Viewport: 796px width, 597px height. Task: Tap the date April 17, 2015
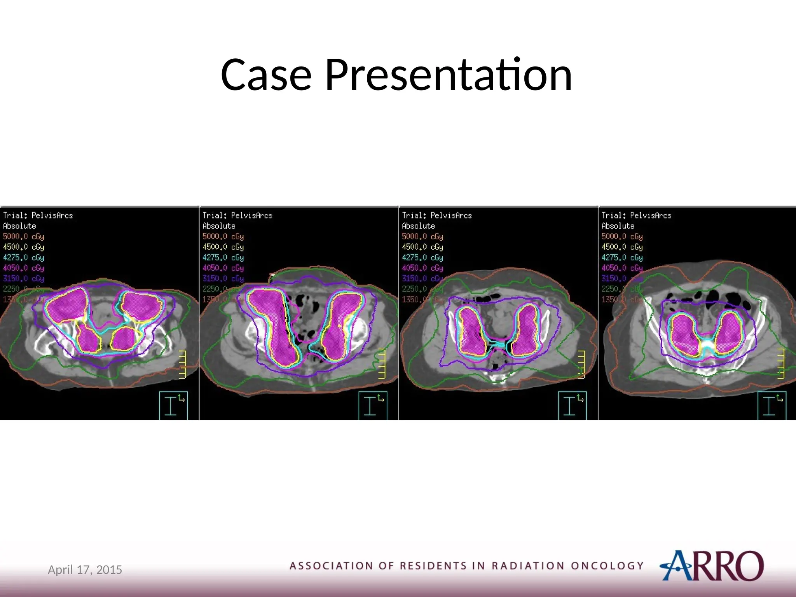pyautogui.click(x=85, y=570)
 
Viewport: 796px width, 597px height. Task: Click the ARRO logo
pyautogui.click(x=712, y=566)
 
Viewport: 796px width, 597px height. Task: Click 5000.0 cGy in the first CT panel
pyautogui.click(x=23, y=236)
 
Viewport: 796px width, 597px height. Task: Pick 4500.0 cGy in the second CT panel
pyautogui.click(x=223, y=247)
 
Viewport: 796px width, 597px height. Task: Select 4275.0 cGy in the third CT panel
pyautogui.click(x=422, y=257)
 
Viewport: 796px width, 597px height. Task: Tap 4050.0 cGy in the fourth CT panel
pyautogui.click(x=622, y=268)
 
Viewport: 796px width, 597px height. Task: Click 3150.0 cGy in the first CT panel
pyautogui.click(x=23, y=278)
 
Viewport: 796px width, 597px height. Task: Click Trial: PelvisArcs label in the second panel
pyautogui.click(x=237, y=215)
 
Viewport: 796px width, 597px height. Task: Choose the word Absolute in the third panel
pyautogui.click(x=418, y=226)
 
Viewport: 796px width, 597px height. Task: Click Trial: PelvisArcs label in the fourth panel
pyautogui.click(x=636, y=215)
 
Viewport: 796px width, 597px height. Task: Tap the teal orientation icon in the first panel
pyautogui.click(x=173, y=405)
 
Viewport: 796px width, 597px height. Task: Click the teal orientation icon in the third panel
pyautogui.click(x=572, y=405)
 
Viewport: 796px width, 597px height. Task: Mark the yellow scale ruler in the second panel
pyautogui.click(x=382, y=363)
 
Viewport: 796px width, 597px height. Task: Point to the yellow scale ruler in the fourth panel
pyautogui.click(x=780, y=363)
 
